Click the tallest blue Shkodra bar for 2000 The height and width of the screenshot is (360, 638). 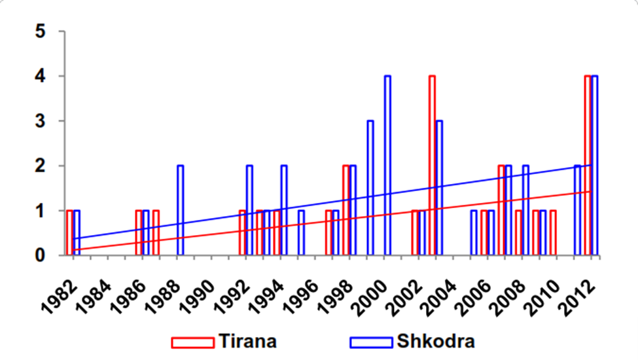click(x=387, y=165)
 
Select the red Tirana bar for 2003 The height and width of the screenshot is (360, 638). click(x=432, y=165)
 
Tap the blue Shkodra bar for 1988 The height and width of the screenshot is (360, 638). click(x=181, y=209)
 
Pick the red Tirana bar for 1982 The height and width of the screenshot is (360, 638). click(x=70, y=232)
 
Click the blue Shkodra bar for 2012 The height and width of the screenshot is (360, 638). click(x=594, y=165)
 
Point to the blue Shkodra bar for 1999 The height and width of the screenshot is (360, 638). click(x=370, y=187)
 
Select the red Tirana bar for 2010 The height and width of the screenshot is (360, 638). click(x=553, y=232)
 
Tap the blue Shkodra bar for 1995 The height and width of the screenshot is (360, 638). click(x=301, y=232)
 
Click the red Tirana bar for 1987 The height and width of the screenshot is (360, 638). click(x=156, y=232)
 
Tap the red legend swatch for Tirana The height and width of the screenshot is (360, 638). click(x=192, y=342)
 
